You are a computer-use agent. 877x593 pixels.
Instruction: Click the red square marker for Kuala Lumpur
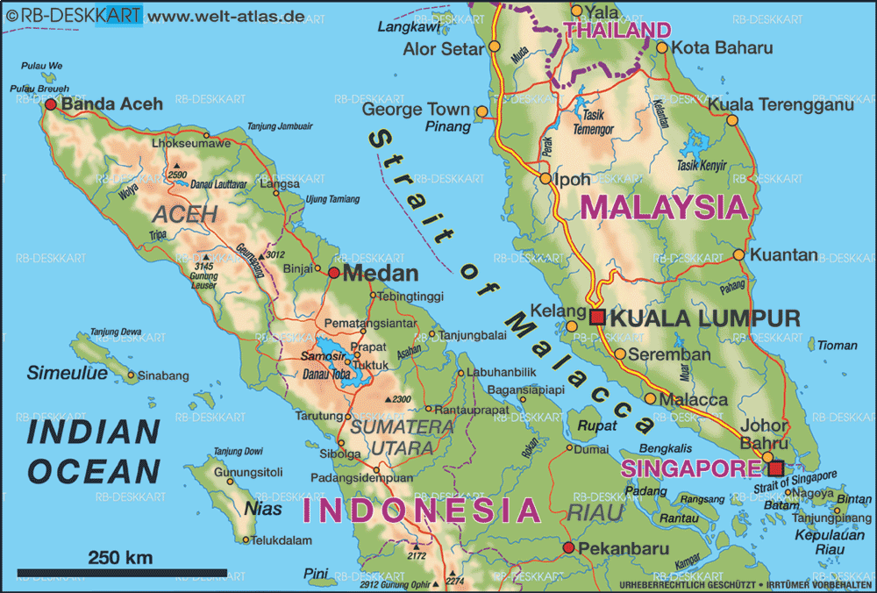[597, 318]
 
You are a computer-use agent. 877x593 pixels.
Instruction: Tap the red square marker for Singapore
[775, 468]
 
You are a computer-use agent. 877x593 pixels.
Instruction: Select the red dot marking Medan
[333, 273]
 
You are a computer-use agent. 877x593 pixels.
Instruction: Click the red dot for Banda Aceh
[50, 104]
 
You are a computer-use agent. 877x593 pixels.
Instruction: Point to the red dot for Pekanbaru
[568, 548]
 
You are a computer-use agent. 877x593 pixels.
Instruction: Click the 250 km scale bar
[122, 573]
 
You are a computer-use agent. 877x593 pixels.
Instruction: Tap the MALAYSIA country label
[665, 208]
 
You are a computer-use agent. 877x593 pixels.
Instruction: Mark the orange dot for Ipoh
[545, 179]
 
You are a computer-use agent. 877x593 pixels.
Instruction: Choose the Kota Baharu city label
[723, 48]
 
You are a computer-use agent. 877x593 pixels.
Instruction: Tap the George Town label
[417, 111]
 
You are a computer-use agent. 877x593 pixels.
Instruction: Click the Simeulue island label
[67, 373]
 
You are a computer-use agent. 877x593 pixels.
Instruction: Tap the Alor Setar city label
[443, 49]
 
